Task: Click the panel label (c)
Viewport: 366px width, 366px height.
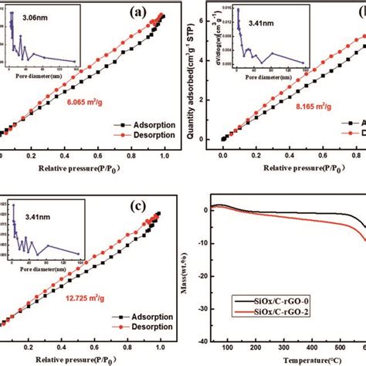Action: click(144, 208)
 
